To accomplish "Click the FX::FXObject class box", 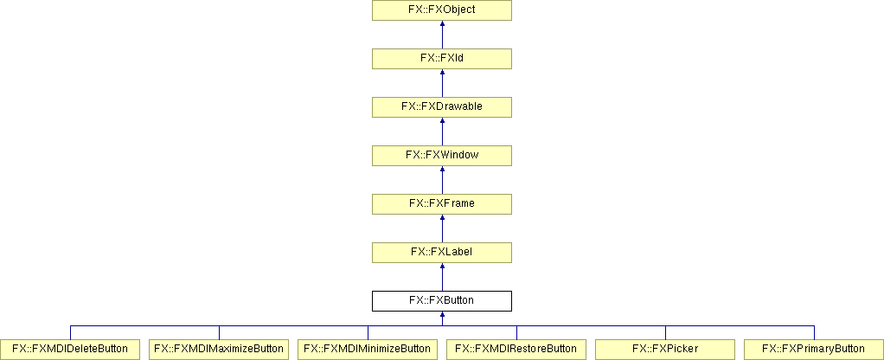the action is pos(441,10).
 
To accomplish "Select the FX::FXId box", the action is pos(441,59).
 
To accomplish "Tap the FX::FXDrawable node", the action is pos(441,107).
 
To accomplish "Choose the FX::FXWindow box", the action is pos(441,156).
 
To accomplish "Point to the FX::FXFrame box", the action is pos(441,204).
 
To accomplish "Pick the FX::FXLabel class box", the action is pos(441,253).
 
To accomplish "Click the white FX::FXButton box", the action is pos(441,301).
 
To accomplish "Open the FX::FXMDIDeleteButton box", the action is pos(70,350).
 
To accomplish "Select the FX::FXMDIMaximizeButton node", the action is pos(219,350).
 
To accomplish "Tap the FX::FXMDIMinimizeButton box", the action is pos(368,350).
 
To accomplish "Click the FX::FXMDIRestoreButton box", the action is pos(516,350).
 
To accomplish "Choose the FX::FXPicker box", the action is pos(665,350).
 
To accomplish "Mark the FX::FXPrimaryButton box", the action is pos(814,350).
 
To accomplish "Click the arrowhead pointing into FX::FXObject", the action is pos(442,24).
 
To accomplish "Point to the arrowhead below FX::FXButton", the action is pos(442,315).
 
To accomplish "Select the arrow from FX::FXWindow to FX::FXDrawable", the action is pos(442,132).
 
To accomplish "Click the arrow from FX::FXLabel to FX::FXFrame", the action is pos(442,228).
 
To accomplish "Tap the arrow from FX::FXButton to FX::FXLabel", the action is pos(442,277).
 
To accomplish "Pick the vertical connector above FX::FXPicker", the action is pos(665,332).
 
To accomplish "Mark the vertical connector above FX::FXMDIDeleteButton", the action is pos(70,332).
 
